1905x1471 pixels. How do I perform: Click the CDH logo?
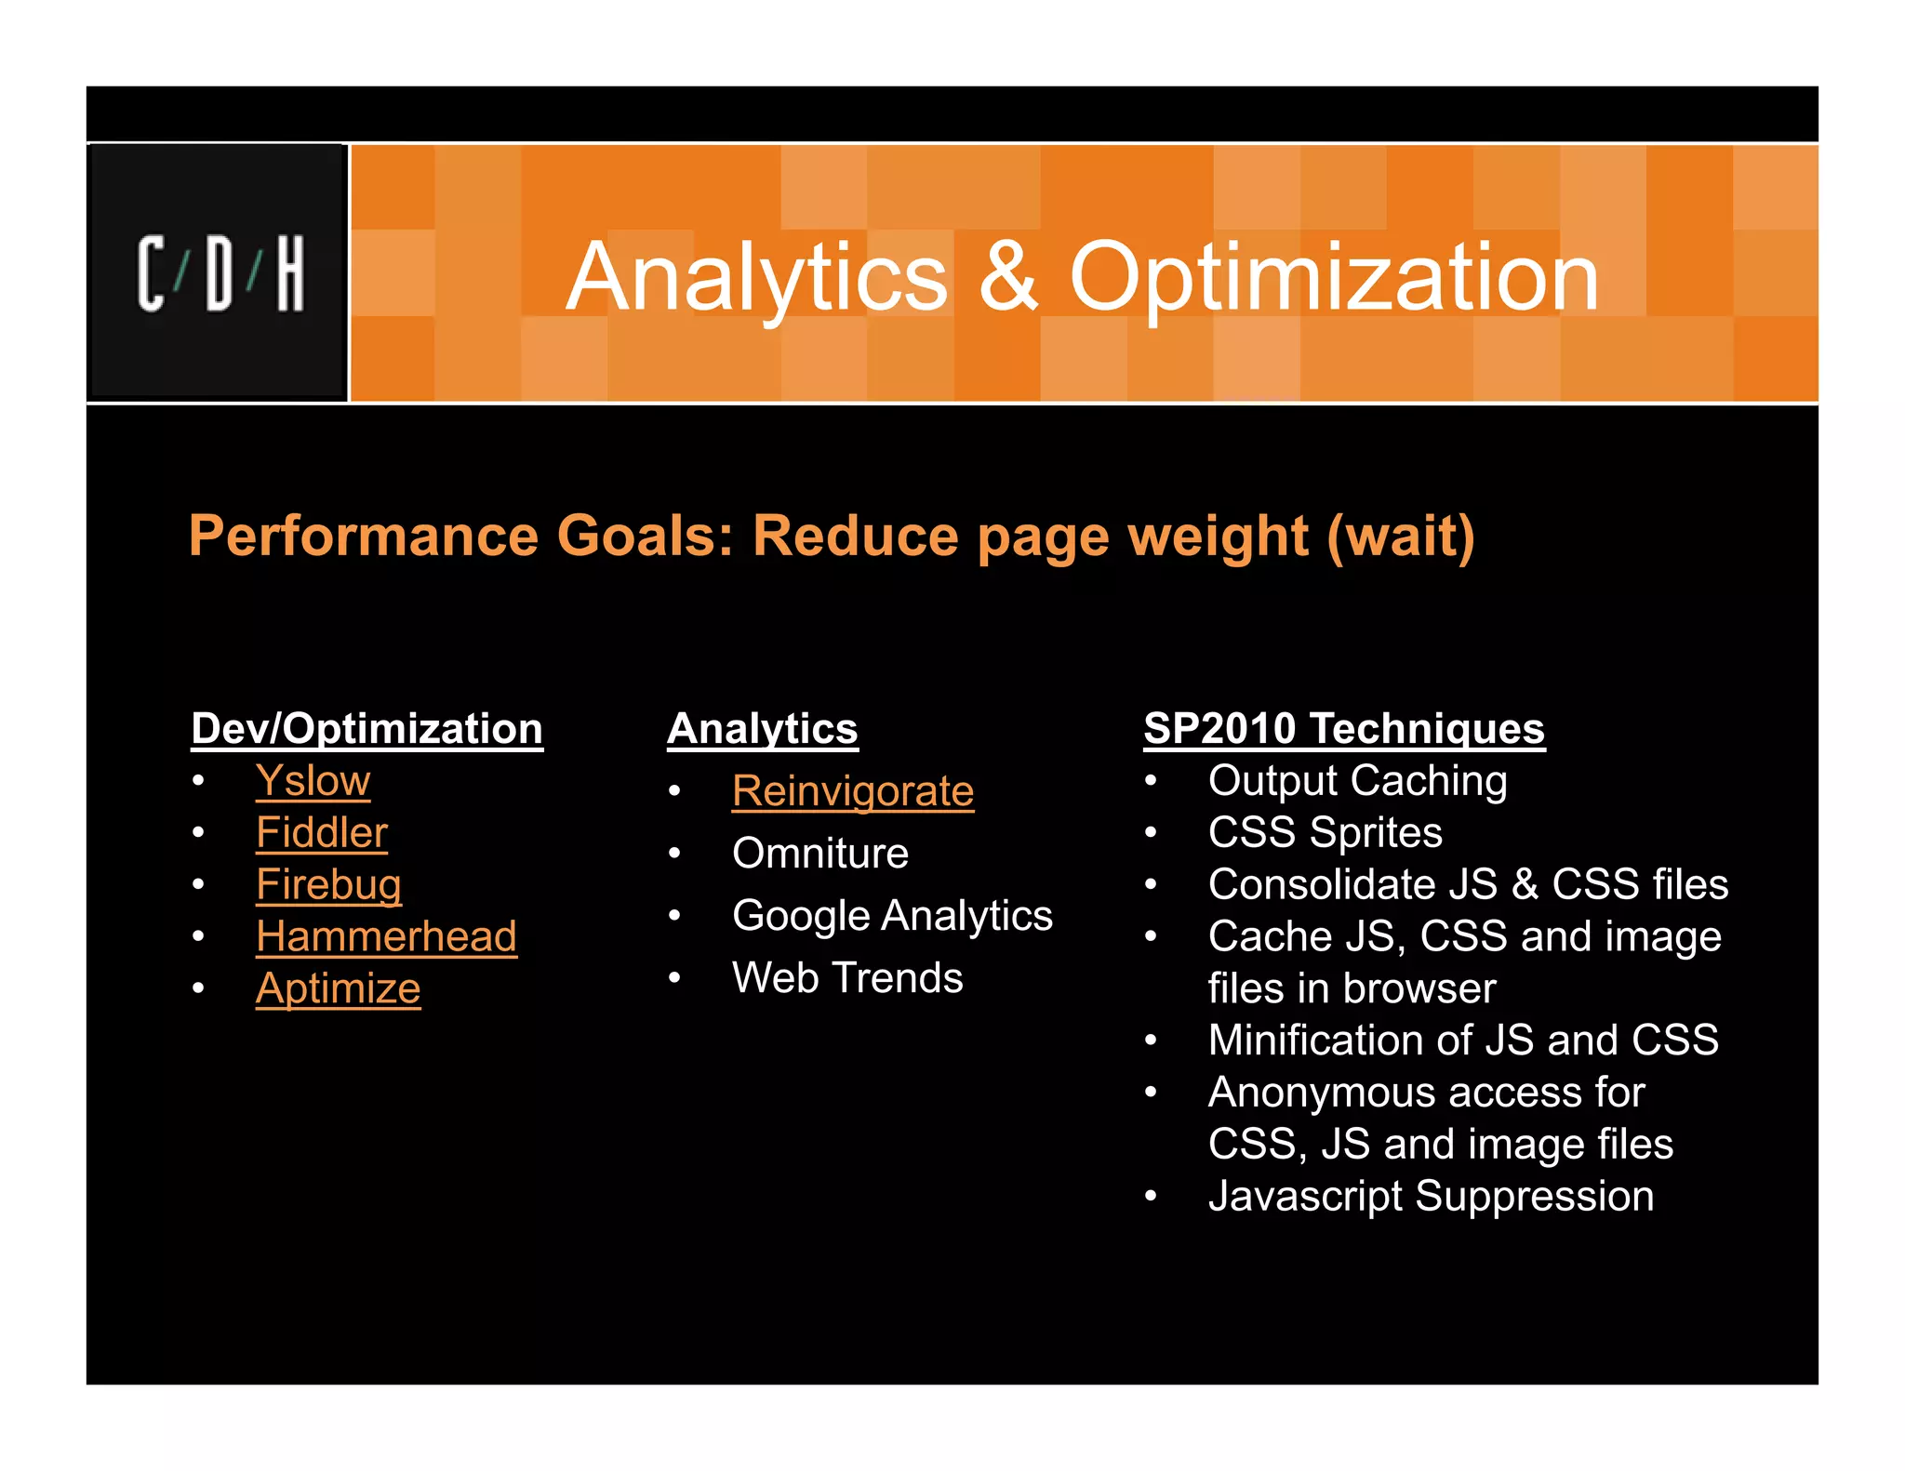(220, 273)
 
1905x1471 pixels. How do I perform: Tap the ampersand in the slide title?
(1008, 276)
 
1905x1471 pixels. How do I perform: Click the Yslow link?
(313, 781)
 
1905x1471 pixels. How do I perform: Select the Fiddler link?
(322, 833)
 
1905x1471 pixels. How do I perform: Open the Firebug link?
(328, 885)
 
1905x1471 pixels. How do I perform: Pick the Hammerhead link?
(386, 936)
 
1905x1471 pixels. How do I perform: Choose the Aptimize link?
(338, 988)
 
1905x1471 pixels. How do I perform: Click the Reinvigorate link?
(852, 792)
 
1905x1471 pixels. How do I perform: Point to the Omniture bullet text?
(819, 854)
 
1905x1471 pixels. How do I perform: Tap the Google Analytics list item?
(892, 916)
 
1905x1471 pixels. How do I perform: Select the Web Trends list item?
(847, 978)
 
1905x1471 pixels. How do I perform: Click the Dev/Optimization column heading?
(366, 729)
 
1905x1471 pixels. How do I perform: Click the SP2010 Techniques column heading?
(1343, 729)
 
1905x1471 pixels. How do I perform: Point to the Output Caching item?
(1357, 781)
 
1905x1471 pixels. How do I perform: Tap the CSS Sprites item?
(1325, 833)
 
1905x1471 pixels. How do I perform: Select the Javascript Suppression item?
(1431, 1197)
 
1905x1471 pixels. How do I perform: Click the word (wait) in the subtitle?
(1400, 537)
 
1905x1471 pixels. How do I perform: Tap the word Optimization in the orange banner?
(1334, 276)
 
